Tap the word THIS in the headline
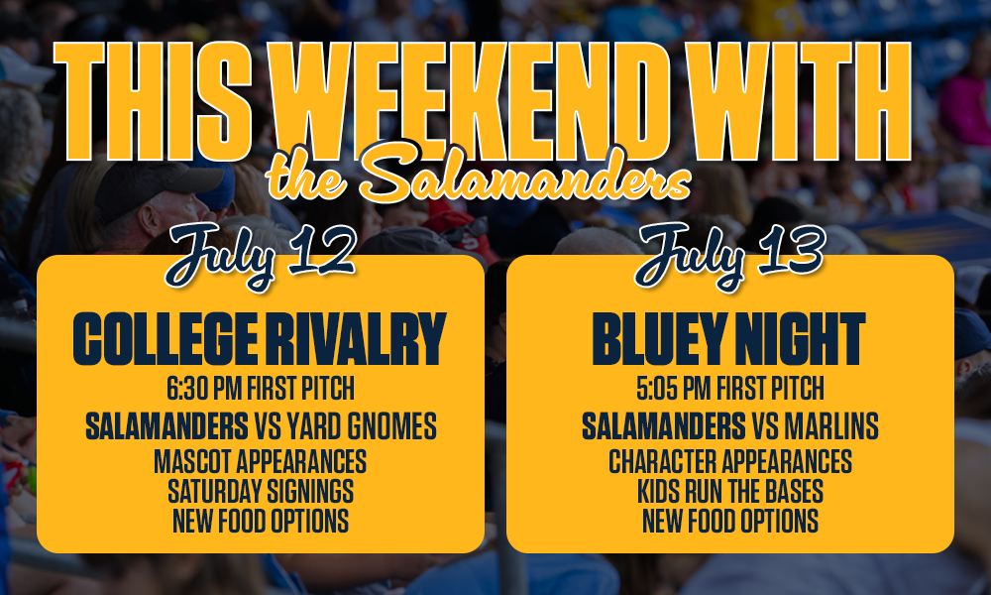[153, 101]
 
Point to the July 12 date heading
[260, 255]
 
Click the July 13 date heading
[729, 255]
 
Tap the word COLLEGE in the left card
[165, 339]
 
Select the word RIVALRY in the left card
[356, 339]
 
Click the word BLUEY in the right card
[659, 339]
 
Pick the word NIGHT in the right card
[800, 339]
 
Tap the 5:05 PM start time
[674, 388]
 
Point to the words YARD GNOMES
[362, 426]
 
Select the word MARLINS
[831, 426]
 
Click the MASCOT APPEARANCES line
[261, 461]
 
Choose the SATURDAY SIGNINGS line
[261, 491]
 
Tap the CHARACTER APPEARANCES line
[730, 461]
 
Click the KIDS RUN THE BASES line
[730, 491]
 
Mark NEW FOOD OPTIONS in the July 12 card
[261, 521]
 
